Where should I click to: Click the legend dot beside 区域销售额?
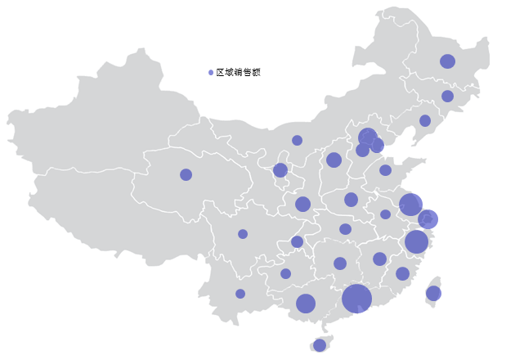[x=211, y=73]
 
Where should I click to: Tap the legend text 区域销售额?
[x=238, y=73]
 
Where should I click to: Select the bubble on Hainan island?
[x=320, y=345]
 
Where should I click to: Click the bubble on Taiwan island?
[x=433, y=293]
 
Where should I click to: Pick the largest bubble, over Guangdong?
[x=356, y=299]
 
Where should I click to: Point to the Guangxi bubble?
[x=306, y=304]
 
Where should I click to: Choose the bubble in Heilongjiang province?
[x=447, y=61]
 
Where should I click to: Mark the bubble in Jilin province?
[x=447, y=97]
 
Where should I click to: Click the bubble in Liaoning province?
[x=425, y=121]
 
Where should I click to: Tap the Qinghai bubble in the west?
[x=186, y=174]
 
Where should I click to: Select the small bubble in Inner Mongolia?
[x=297, y=140]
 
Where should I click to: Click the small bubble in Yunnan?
[x=240, y=294]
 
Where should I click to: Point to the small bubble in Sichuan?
[x=243, y=234]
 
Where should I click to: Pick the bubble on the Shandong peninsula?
[x=385, y=170]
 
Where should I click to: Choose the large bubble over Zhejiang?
[x=416, y=242]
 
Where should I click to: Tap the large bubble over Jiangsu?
[x=410, y=205]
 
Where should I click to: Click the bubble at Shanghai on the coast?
[x=428, y=218]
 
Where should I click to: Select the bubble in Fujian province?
[x=402, y=273]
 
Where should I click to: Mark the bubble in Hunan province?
[x=340, y=263]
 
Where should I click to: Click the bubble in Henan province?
[x=351, y=200]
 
